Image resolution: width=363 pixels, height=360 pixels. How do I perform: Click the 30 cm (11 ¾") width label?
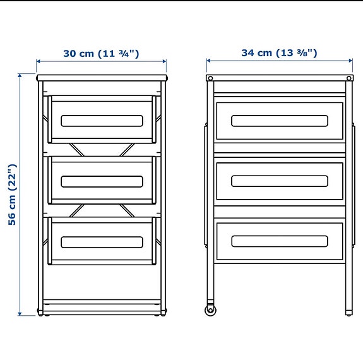[101, 53]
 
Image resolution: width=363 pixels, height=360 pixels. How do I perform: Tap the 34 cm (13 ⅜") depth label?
[279, 53]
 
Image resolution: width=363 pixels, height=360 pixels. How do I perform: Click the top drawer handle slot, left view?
[102, 121]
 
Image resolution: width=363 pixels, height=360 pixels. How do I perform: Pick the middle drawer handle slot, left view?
[102, 181]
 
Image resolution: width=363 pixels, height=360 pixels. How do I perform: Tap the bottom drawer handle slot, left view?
[102, 242]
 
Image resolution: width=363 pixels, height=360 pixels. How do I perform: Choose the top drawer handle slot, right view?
[279, 121]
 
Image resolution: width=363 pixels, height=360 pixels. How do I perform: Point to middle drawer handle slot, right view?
[279, 181]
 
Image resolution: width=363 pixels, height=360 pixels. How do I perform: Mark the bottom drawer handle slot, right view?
[279, 241]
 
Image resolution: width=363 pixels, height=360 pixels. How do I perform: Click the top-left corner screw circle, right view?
[211, 78]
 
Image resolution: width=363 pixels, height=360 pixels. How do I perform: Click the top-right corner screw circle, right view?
[348, 78]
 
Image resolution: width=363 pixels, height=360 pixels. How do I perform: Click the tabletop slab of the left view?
[102, 78]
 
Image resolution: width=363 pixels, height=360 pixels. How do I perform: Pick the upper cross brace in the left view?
[102, 150]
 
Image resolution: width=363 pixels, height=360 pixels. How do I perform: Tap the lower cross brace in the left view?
[102, 210]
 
